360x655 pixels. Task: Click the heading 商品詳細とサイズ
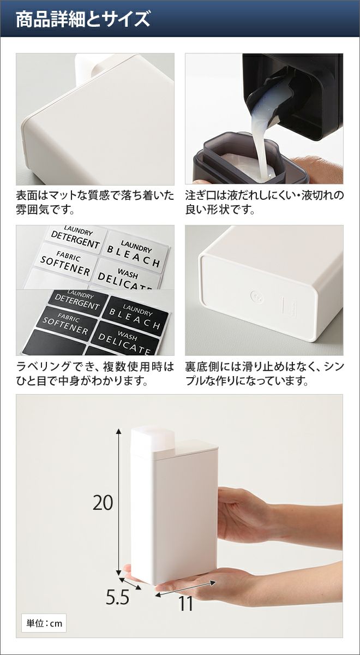point(83,19)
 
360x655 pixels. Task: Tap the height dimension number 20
point(103,502)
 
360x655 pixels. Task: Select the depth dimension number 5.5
point(117,597)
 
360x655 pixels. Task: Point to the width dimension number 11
point(185,603)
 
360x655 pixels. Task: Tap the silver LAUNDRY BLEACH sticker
point(135,252)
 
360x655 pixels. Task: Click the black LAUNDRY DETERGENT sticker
point(77,301)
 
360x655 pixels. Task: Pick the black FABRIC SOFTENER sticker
point(67,324)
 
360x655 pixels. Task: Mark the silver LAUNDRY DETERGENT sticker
point(75,239)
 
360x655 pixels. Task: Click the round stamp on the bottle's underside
point(257,297)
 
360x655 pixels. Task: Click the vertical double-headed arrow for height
point(118,502)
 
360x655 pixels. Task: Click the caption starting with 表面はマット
point(95,203)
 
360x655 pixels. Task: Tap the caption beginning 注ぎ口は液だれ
point(265,203)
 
